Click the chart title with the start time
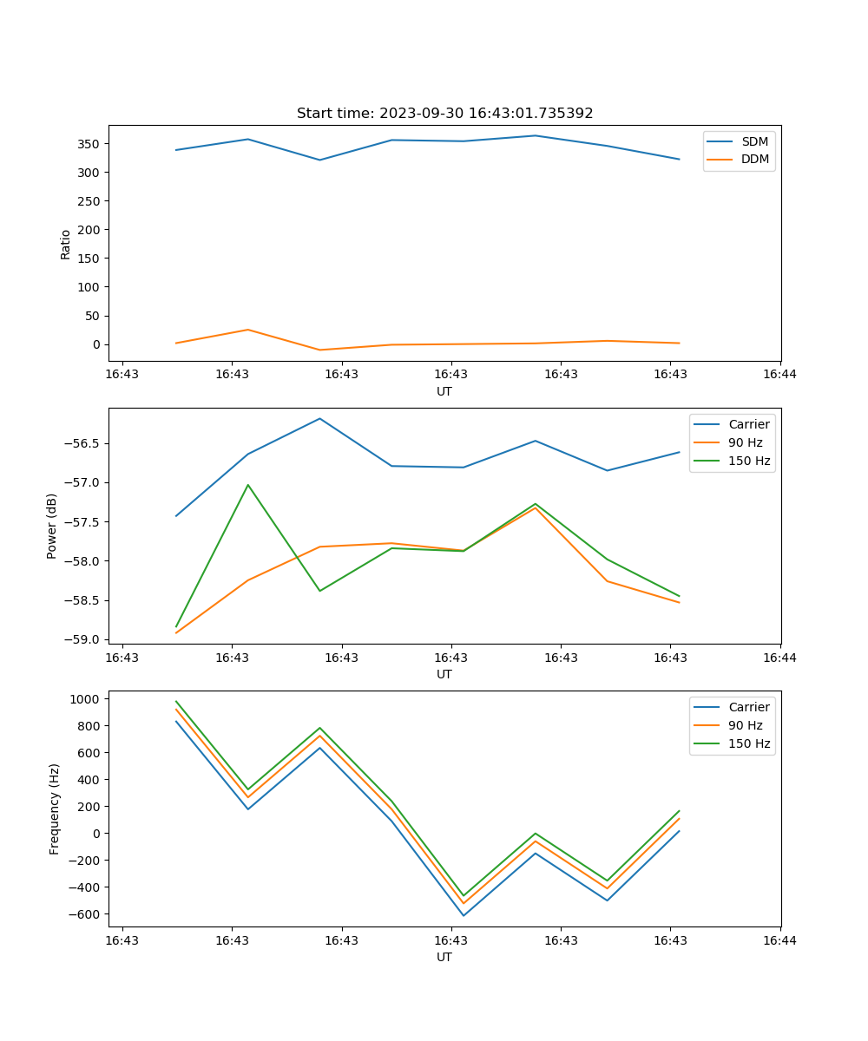pyautogui.click(x=444, y=114)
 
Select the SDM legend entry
pyautogui.click(x=754, y=141)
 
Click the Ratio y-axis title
pyautogui.click(x=66, y=244)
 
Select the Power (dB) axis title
pyautogui.click(x=52, y=526)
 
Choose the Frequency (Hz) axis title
pyautogui.click(x=55, y=809)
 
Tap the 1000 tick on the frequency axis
pyautogui.click(x=87, y=699)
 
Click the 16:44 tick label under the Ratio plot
pyautogui.click(x=779, y=374)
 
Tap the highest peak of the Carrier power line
pyautogui.click(x=319, y=418)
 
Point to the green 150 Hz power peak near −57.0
pyautogui.click(x=248, y=485)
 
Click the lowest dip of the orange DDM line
pyautogui.click(x=319, y=350)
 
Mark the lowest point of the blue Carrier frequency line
pyautogui.click(x=464, y=915)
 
